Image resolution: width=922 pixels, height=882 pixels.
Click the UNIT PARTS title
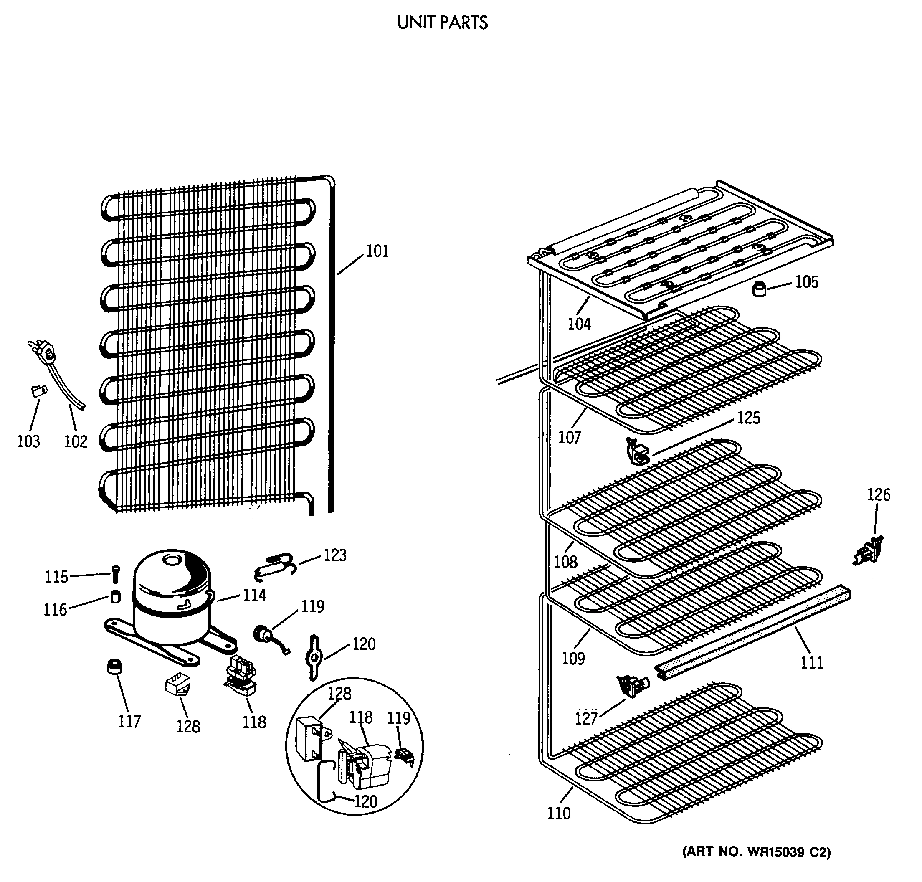coord(441,23)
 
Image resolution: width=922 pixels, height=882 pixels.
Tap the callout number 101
coord(377,251)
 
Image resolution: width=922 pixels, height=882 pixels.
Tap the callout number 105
coord(806,282)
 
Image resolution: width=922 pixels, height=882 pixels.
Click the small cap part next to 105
coord(758,288)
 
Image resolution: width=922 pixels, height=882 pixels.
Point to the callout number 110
coord(558,813)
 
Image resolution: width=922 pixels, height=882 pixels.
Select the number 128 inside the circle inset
coord(339,694)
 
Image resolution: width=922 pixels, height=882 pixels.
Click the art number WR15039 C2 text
coord(756,852)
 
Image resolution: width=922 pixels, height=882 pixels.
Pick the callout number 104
coord(579,324)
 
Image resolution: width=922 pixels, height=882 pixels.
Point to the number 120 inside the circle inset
coord(365,801)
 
